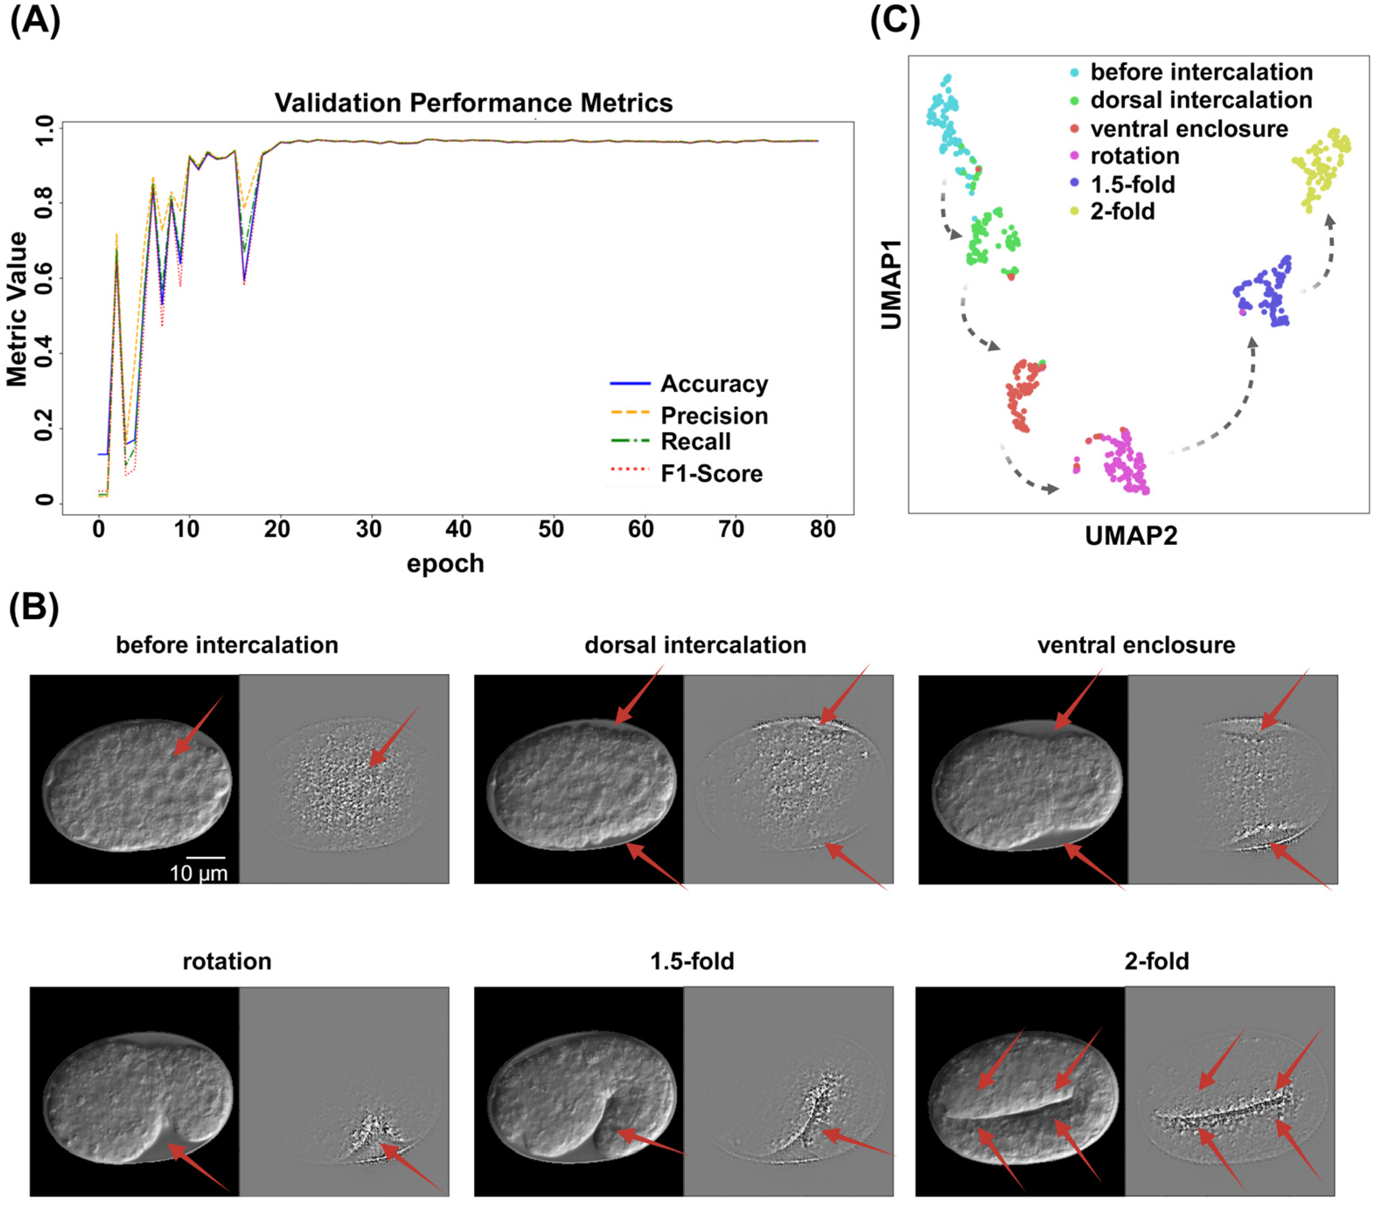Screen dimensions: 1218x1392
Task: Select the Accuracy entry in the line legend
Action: (713, 384)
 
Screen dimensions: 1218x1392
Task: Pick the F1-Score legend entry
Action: (711, 474)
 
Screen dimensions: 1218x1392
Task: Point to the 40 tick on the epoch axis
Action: (459, 529)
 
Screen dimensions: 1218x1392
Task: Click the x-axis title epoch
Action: (445, 564)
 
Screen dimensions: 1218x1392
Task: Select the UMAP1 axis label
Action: (891, 284)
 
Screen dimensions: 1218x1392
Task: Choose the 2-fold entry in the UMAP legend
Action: (1122, 212)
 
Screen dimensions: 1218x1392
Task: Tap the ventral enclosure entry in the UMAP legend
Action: (1189, 129)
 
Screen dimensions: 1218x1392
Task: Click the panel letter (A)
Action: (35, 21)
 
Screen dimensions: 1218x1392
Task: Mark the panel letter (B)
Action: (34, 607)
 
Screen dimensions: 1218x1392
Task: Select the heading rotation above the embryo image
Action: (227, 962)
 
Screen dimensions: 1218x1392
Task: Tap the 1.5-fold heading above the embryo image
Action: (692, 962)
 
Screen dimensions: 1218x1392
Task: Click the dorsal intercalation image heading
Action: (695, 645)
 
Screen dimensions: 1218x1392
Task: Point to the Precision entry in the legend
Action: (713, 415)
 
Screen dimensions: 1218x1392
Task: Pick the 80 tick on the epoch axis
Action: (822, 529)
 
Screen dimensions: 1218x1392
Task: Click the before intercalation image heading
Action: (227, 645)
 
